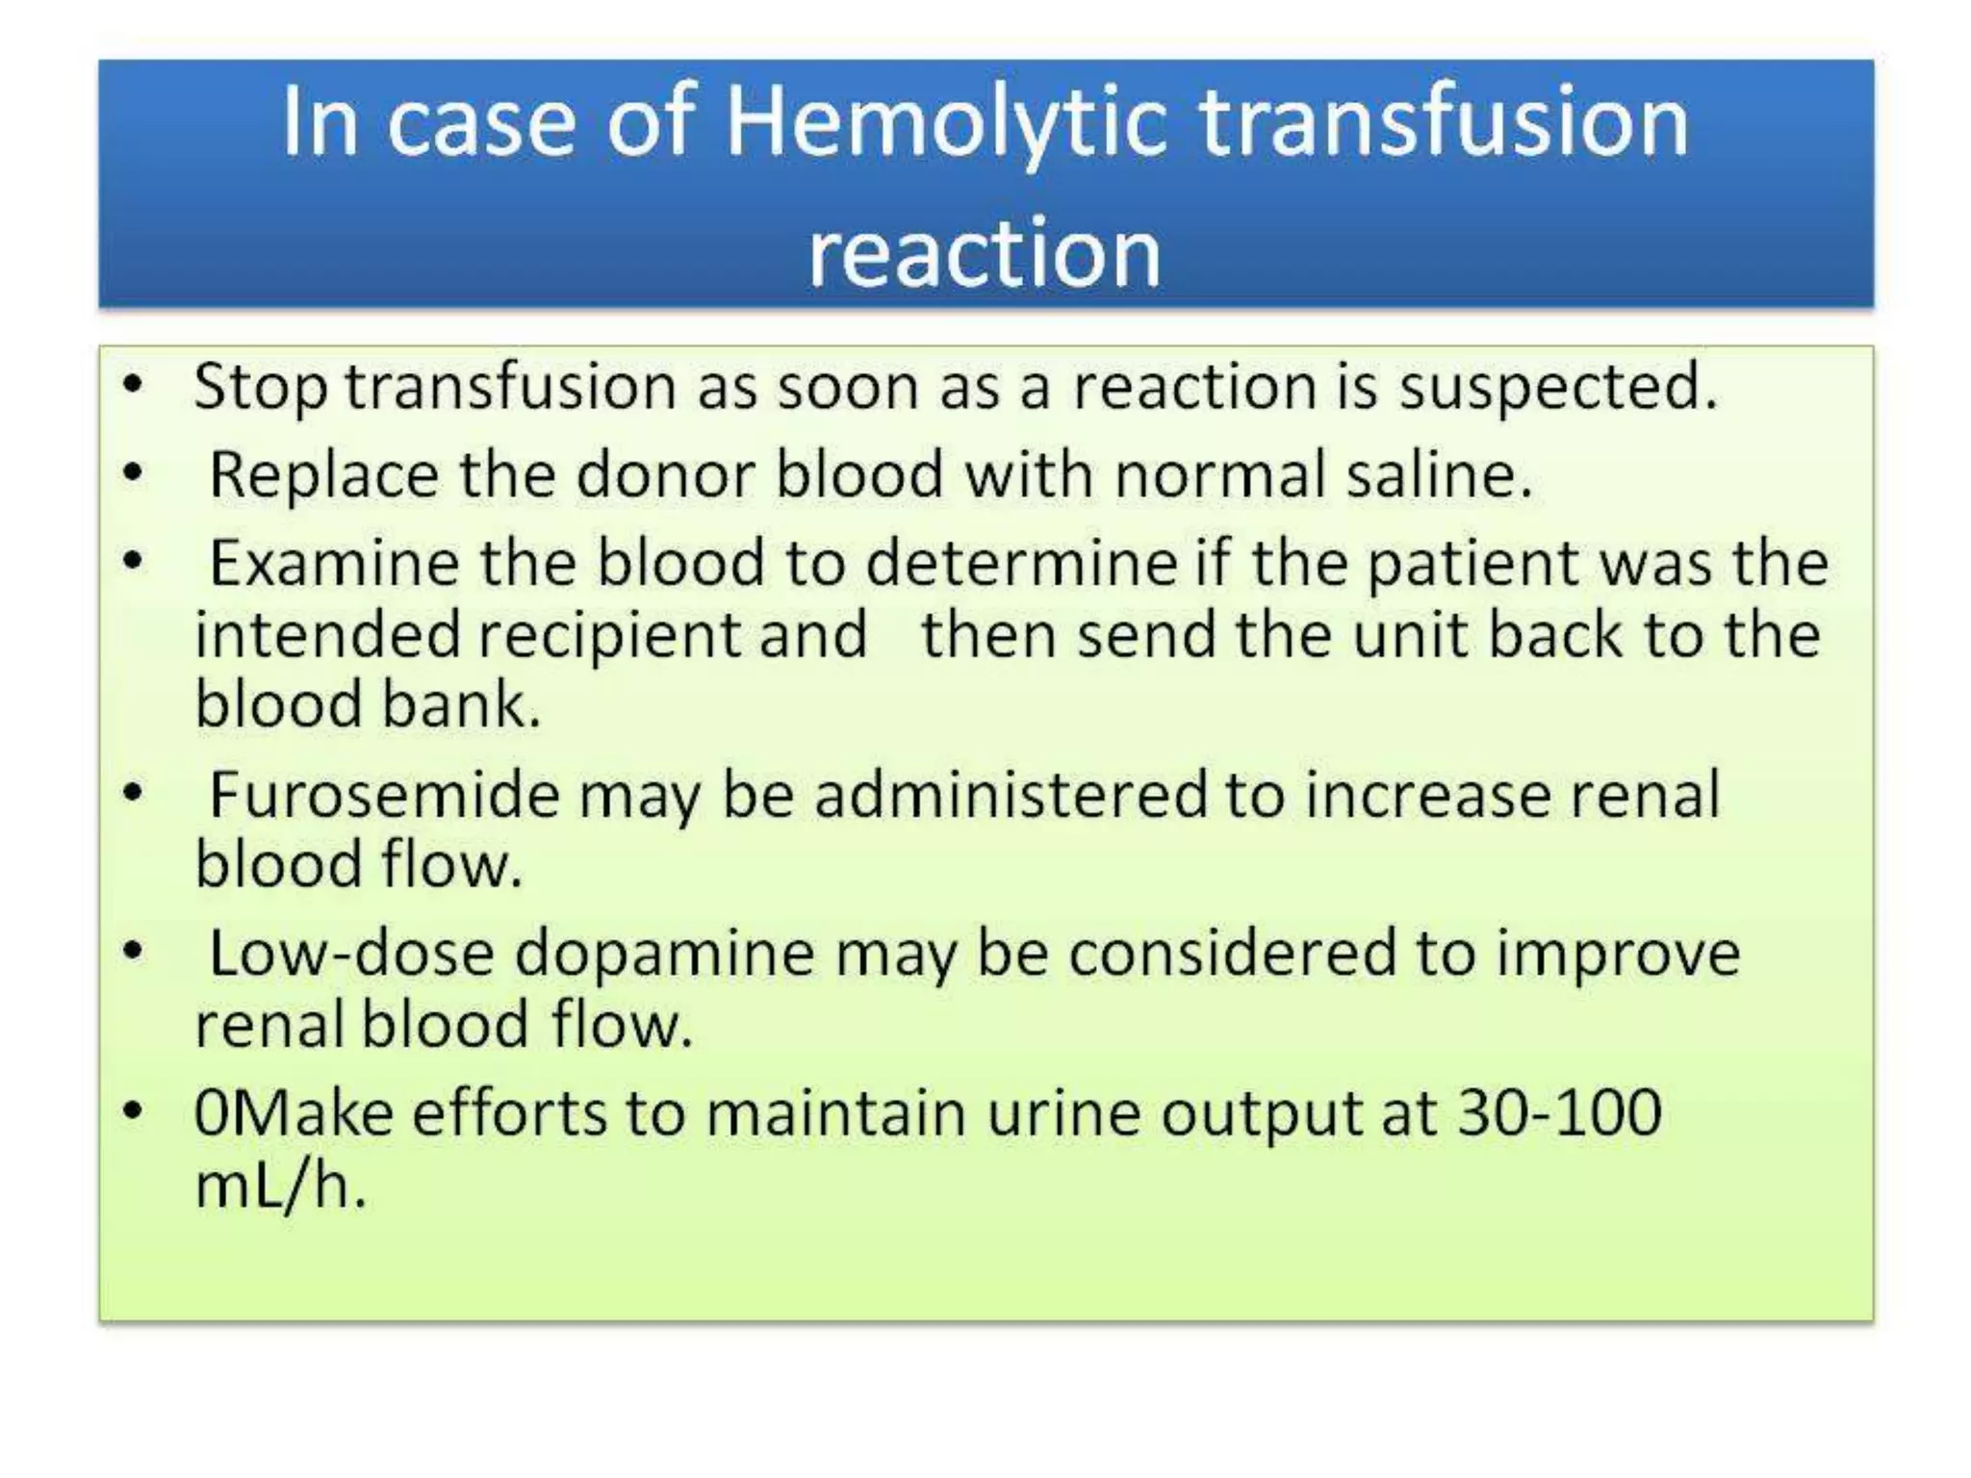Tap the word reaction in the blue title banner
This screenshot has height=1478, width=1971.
[x=985, y=252]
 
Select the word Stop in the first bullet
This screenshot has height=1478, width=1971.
[x=260, y=388]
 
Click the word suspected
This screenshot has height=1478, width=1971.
[x=1558, y=388]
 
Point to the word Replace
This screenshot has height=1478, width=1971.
[x=323, y=476]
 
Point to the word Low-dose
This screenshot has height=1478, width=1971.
[x=350, y=954]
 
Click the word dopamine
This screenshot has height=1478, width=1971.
[x=664, y=956]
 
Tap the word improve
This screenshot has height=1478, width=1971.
[x=1618, y=954]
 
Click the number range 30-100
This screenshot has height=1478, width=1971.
[x=1560, y=1113]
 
